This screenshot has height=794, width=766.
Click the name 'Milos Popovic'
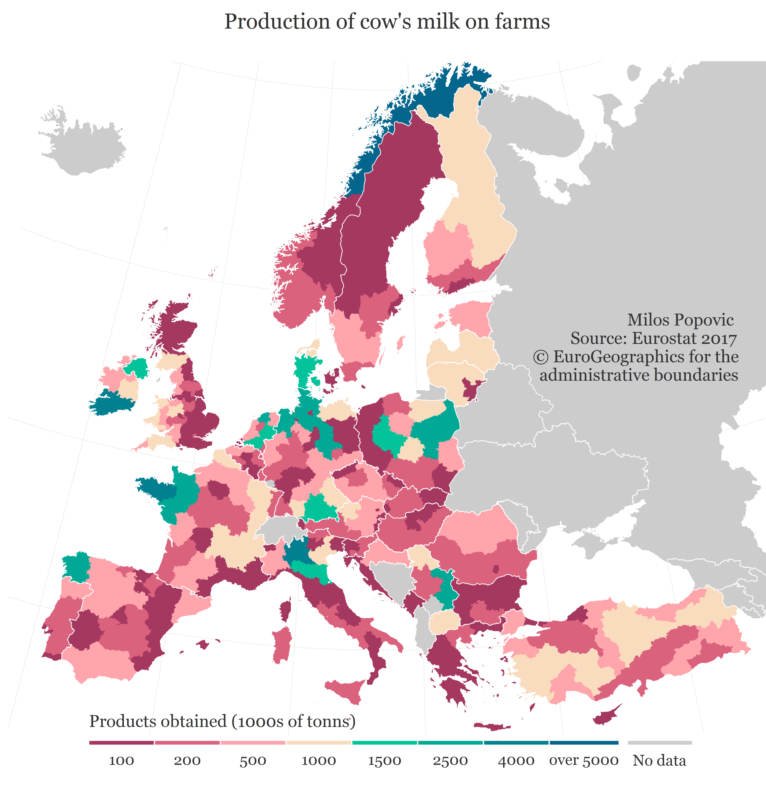[x=681, y=320]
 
